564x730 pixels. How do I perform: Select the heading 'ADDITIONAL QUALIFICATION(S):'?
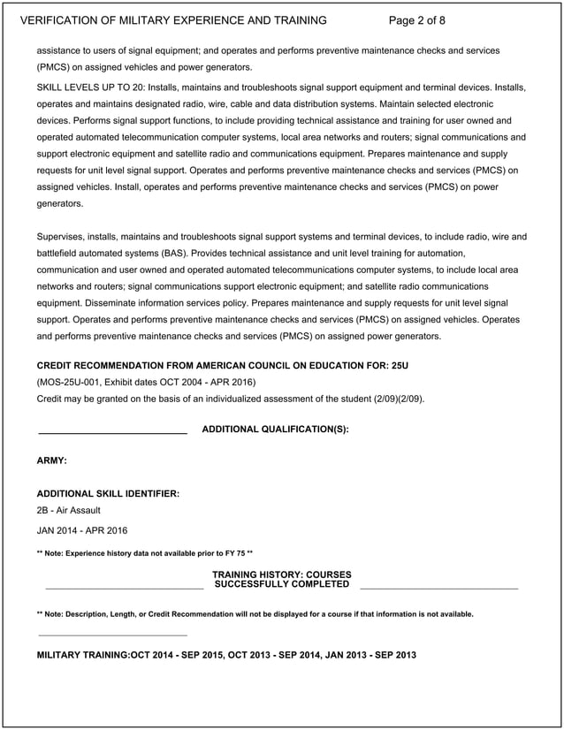click(x=275, y=430)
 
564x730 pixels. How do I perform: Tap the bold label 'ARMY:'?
click(x=52, y=461)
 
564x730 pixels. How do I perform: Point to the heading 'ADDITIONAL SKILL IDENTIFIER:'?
click(x=108, y=493)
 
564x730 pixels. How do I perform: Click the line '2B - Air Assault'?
click(x=69, y=511)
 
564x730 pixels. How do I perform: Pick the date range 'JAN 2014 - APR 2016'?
click(x=82, y=531)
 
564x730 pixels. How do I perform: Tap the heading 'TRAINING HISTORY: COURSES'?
click(x=282, y=574)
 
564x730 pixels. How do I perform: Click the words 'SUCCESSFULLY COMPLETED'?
click(x=282, y=584)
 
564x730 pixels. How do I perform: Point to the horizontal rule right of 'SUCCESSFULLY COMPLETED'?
click(x=438, y=588)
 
